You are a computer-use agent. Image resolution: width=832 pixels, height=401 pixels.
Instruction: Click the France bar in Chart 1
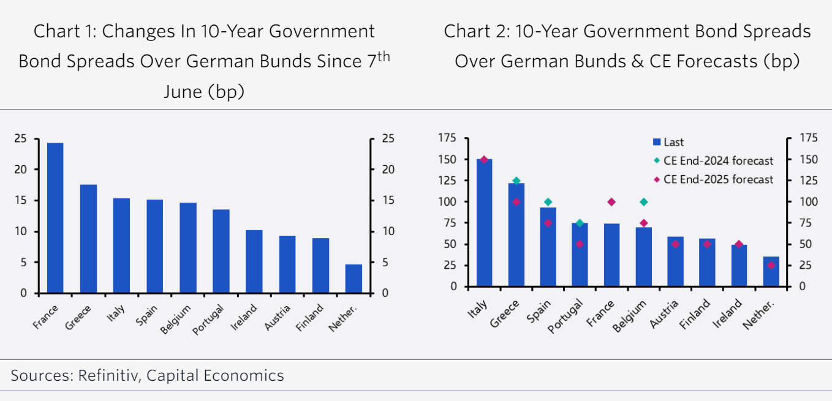click(x=55, y=218)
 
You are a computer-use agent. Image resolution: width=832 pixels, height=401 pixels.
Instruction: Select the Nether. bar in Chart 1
click(x=354, y=279)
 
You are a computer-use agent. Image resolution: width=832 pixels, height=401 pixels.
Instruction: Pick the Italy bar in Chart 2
click(x=484, y=223)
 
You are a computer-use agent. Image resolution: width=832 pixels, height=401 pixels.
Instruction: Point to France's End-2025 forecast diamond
click(x=611, y=202)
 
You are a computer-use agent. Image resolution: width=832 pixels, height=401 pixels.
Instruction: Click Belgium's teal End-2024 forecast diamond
click(x=643, y=202)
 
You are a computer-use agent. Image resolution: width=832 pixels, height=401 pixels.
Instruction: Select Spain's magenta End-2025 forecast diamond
click(x=548, y=223)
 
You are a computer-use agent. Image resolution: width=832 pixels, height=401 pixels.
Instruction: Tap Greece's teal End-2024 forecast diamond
click(x=516, y=181)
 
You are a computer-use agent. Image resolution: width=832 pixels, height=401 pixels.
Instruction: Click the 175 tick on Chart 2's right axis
click(x=809, y=138)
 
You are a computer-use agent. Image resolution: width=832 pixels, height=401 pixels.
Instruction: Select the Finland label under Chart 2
click(x=695, y=313)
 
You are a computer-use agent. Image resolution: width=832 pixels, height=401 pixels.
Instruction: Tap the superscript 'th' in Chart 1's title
click(x=382, y=56)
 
